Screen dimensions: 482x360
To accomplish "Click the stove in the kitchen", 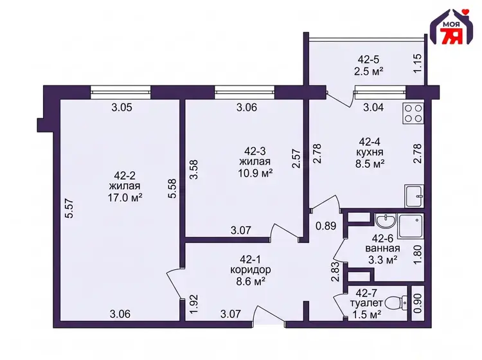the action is (x=413, y=113).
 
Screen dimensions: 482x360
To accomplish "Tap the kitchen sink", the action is (x=414, y=196).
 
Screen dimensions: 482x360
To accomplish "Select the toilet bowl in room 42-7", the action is (x=396, y=303).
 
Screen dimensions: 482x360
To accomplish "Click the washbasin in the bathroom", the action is (x=385, y=221).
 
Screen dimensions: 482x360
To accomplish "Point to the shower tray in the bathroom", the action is (x=411, y=226).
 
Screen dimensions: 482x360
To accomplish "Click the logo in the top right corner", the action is (x=451, y=27).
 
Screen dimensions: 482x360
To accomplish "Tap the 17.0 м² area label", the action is (x=125, y=197).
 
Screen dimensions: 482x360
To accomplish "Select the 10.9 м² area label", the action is (x=255, y=173).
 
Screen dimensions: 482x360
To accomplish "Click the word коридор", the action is (x=251, y=270).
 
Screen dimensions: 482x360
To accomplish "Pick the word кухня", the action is (x=370, y=152).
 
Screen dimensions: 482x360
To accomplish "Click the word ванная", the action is (x=383, y=248).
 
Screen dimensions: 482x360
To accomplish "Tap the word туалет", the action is (x=366, y=303).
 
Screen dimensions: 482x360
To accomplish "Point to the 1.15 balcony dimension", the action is (x=417, y=64).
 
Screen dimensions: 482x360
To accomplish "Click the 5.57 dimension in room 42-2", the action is (x=70, y=208).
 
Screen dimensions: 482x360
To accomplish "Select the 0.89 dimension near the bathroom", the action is (x=326, y=226).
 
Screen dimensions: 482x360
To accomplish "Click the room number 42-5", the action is (x=369, y=59).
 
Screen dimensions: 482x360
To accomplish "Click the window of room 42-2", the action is (x=121, y=92).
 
